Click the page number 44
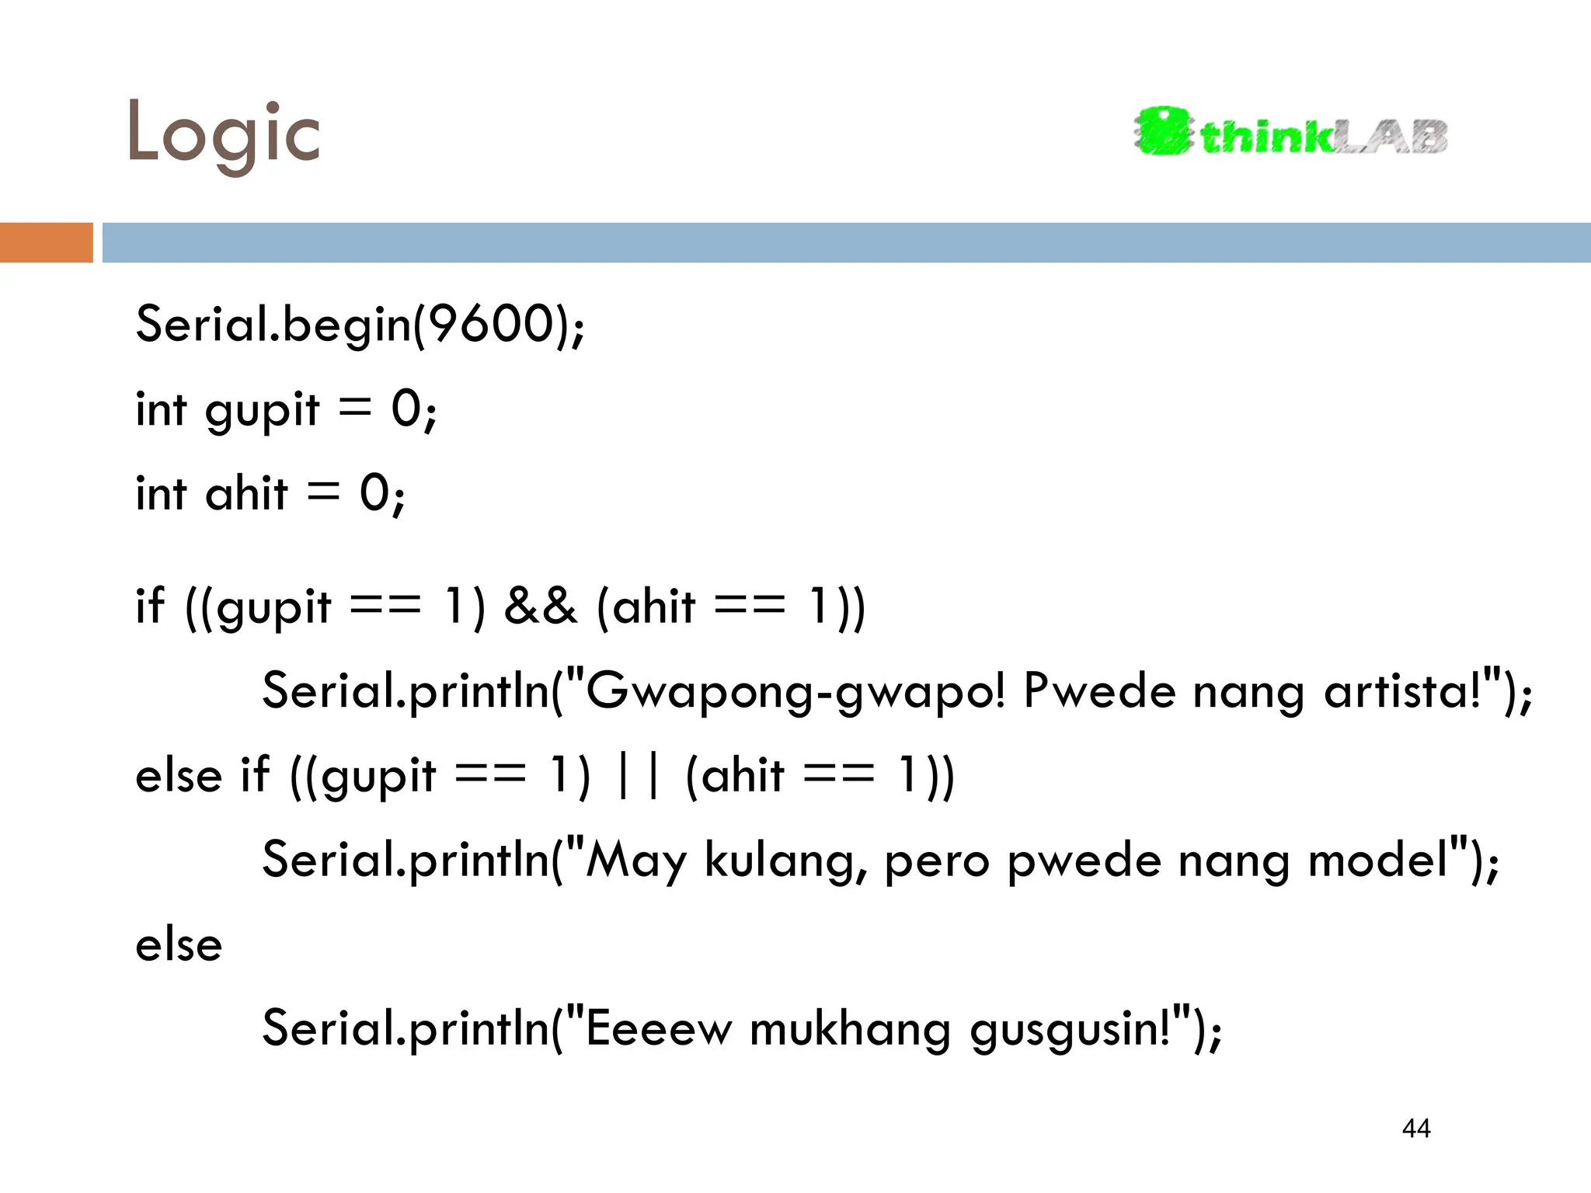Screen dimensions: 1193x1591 (x=1416, y=1128)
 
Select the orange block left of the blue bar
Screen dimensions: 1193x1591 (x=46, y=242)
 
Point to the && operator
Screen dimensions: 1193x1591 (x=541, y=607)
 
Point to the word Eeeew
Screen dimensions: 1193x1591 (x=658, y=1029)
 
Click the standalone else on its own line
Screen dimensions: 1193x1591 (x=179, y=946)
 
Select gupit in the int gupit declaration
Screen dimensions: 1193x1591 (x=262, y=409)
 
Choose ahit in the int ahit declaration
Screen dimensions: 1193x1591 (x=246, y=494)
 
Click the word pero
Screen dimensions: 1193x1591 (x=937, y=861)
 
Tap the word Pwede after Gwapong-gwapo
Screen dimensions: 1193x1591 (x=1099, y=690)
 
